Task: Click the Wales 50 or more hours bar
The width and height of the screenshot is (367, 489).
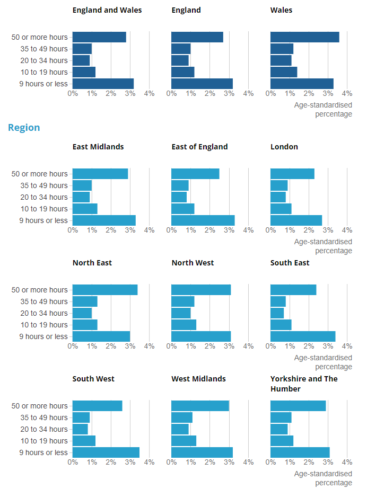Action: [304, 37]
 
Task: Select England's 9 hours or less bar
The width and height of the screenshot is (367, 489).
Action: [202, 84]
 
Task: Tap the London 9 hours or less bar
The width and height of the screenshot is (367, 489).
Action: [296, 220]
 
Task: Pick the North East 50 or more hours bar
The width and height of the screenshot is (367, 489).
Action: [105, 290]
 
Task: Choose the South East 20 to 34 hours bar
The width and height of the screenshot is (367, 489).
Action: [277, 313]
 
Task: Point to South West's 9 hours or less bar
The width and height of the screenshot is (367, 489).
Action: [106, 452]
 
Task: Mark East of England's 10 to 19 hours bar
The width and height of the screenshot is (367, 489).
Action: [183, 209]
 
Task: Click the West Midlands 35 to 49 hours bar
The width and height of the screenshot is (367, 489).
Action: [182, 417]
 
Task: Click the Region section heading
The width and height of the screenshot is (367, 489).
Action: [24, 128]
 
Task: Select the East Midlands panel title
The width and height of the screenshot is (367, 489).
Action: [98, 147]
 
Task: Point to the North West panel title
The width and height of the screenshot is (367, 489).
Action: [193, 263]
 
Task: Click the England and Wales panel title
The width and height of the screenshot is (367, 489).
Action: [107, 10]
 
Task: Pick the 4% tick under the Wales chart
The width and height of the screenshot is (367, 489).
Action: [347, 94]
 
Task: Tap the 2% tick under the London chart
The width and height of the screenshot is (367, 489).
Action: [309, 230]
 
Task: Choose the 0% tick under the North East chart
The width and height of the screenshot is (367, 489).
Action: [73, 346]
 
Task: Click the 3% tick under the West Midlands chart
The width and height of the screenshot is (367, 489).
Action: [229, 463]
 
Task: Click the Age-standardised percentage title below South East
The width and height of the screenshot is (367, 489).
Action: [323, 362]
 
